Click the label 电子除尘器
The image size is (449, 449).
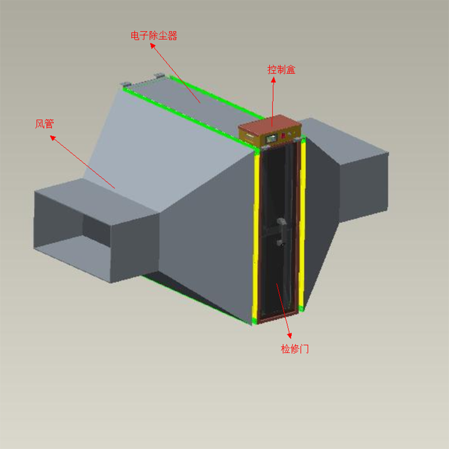154,36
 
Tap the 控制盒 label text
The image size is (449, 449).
281,70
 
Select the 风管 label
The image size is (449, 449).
44,123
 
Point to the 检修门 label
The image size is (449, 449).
295,349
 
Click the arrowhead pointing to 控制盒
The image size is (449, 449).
273,80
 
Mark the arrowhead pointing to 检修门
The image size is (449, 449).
290,336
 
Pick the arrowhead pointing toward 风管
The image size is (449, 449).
53,138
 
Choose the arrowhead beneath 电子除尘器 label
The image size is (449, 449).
153,45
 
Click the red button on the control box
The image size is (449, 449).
283,135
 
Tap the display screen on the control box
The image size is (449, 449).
272,139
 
